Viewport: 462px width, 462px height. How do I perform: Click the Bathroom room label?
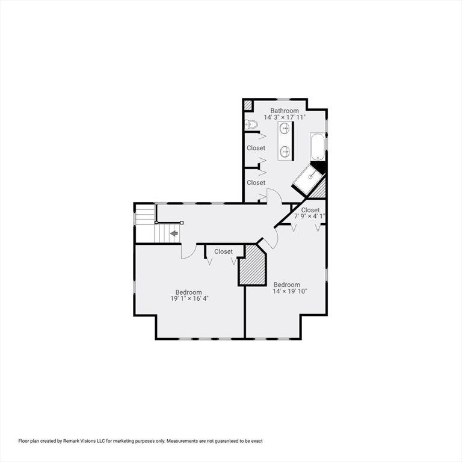285,111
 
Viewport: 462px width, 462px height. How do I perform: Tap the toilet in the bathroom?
251,125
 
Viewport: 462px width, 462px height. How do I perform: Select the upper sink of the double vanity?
285,128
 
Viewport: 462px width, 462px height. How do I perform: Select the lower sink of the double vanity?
285,151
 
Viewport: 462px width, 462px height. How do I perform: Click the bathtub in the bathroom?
318,147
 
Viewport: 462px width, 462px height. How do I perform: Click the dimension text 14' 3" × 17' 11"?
285,117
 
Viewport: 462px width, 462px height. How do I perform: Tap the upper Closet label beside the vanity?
256,148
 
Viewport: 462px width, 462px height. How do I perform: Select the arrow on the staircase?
174,233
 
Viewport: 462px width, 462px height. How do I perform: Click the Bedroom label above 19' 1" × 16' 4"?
188,292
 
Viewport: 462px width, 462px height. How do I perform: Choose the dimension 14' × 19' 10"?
290,291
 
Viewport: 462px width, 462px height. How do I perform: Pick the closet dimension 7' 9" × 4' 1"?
310,216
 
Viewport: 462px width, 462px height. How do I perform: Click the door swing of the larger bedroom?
188,251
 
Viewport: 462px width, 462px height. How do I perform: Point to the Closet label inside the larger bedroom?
223,251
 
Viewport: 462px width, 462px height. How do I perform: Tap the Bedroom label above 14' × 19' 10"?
286,285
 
